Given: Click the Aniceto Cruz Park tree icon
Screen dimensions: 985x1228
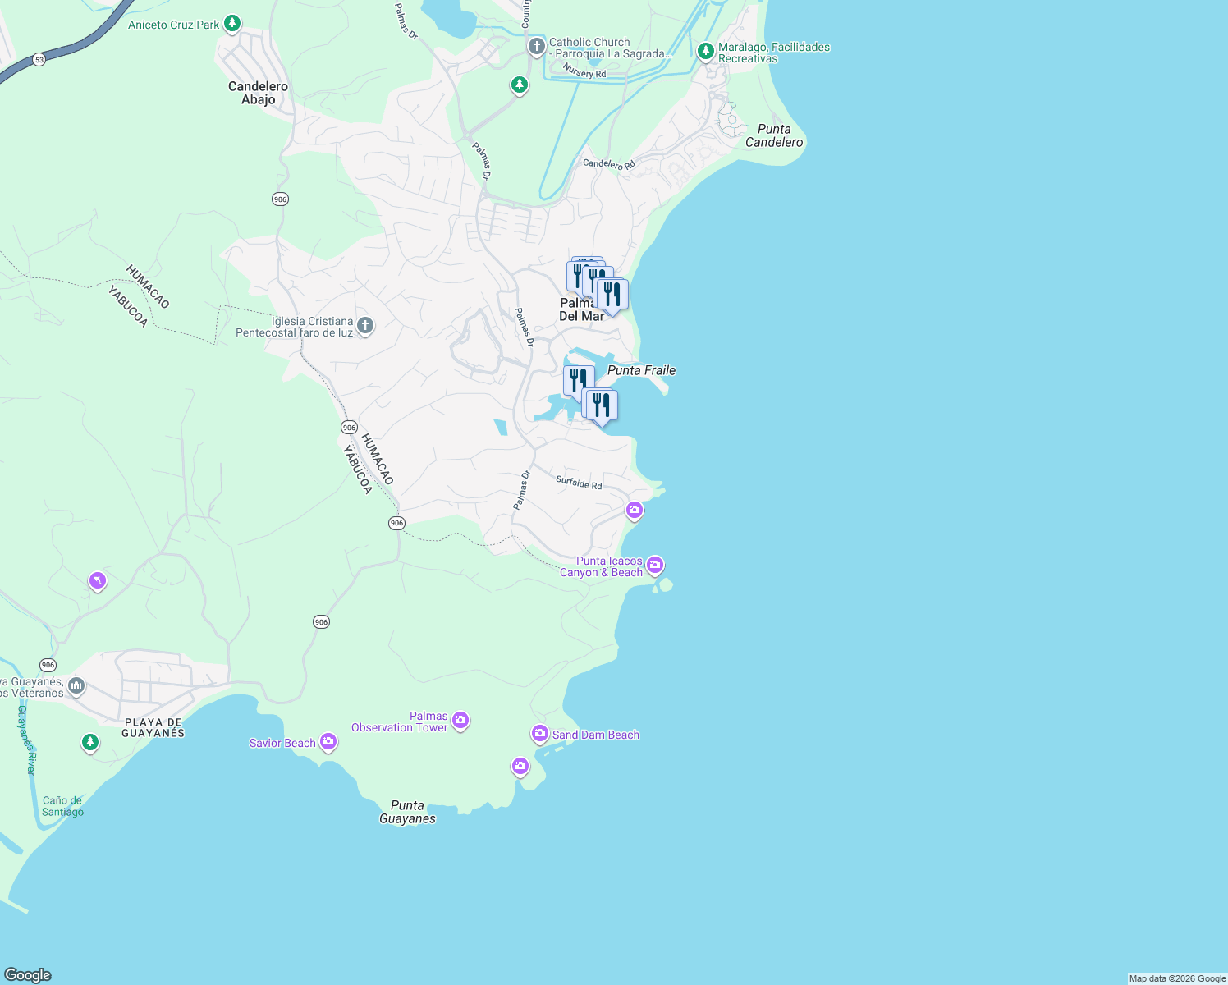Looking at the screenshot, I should (x=232, y=24).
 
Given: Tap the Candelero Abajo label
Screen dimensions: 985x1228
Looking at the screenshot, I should (x=258, y=93).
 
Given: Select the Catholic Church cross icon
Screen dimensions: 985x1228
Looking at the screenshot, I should (x=536, y=46).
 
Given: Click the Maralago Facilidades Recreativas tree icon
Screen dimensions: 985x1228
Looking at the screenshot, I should (x=705, y=52).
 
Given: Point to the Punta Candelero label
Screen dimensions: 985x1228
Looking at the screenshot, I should (x=774, y=135).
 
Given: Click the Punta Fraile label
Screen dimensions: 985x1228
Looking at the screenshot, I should (x=641, y=370).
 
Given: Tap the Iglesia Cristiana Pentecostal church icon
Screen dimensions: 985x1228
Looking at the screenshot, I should (x=365, y=327).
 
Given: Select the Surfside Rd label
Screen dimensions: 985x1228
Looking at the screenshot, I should (x=579, y=483).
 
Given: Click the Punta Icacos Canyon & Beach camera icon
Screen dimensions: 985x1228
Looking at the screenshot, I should (x=654, y=565).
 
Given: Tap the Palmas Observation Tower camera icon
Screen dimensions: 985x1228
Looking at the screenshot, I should (x=460, y=721).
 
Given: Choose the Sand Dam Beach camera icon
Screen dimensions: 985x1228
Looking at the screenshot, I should (x=539, y=733).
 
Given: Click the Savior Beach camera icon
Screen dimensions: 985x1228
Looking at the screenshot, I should (x=328, y=742).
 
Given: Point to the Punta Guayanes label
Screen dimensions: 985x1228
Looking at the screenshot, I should (x=407, y=812).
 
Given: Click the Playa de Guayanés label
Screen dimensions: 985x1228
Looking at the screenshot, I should (x=153, y=727).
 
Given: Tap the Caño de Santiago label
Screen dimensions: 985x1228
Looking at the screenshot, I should (x=63, y=806).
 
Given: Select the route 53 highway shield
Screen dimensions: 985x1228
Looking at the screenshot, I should (x=39, y=59).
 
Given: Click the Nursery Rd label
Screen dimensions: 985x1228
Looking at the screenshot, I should (x=584, y=72).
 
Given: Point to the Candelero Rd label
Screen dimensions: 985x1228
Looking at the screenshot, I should (x=609, y=163).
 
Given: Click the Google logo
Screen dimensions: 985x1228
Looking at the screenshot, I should (x=28, y=975).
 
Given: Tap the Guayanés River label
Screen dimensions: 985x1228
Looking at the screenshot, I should (x=27, y=740).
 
